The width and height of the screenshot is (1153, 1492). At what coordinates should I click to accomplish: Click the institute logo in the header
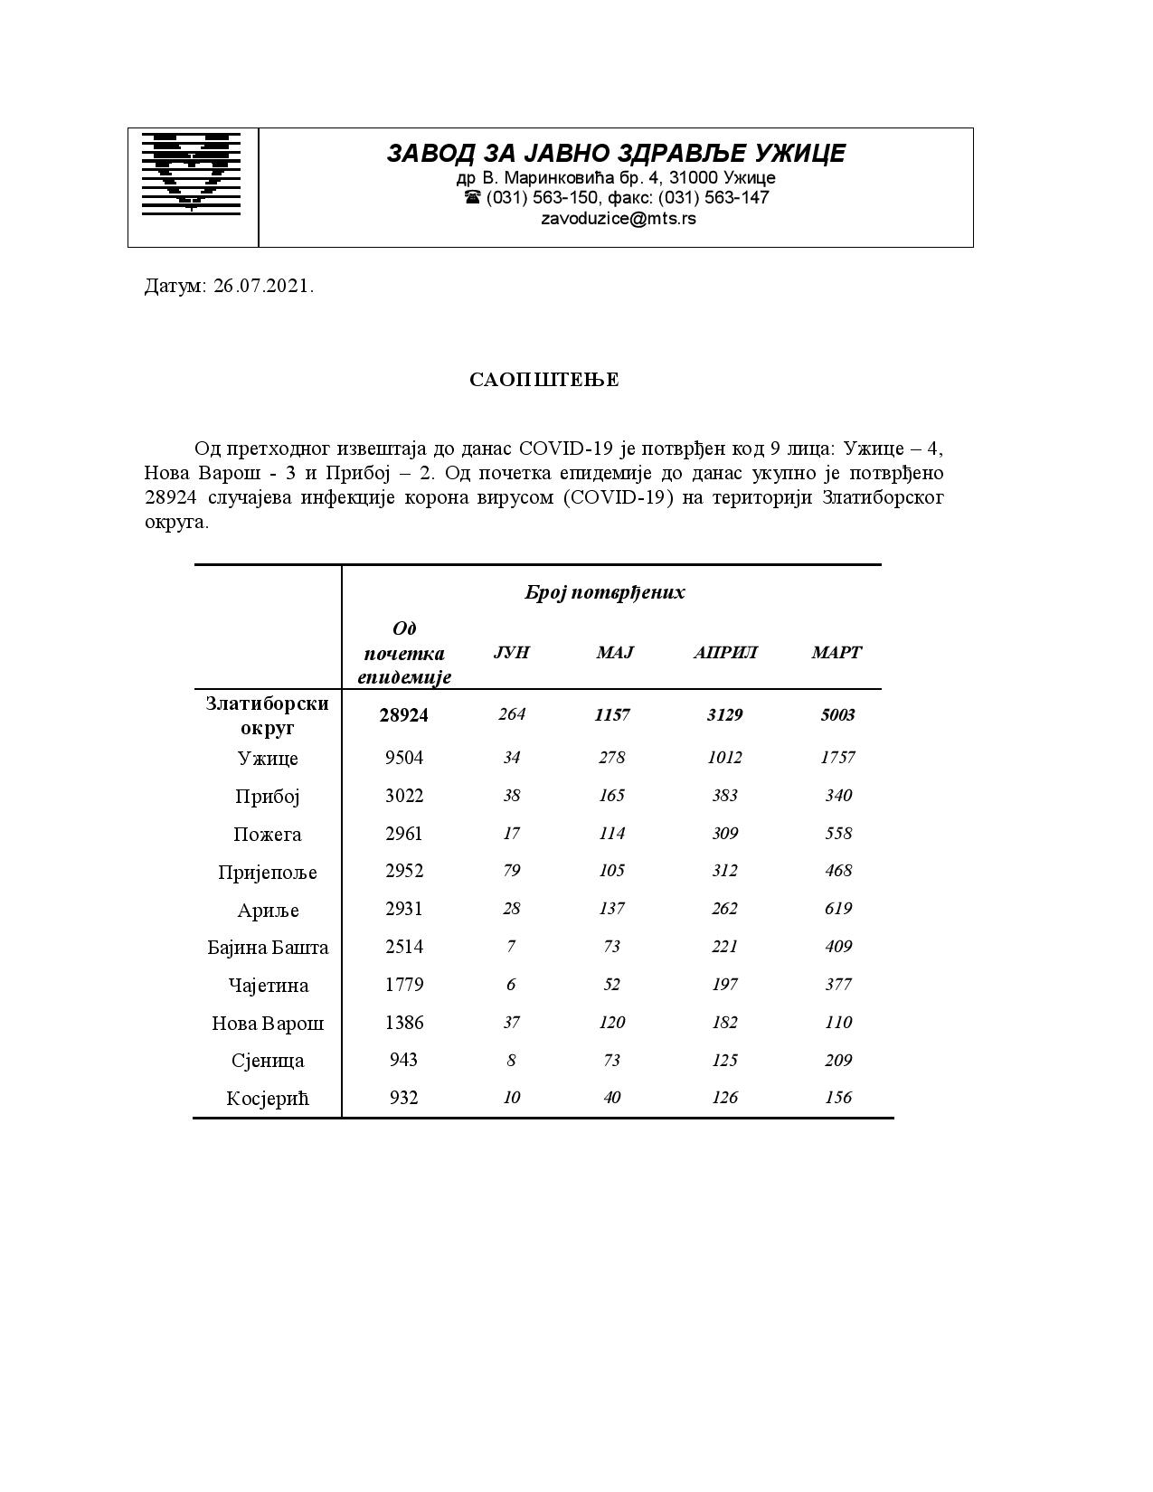(191, 173)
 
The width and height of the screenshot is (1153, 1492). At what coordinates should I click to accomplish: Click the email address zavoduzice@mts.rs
(619, 219)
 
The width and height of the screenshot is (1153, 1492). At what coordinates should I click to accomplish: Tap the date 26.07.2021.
(263, 287)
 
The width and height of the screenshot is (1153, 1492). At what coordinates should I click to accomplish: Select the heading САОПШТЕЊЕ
(544, 380)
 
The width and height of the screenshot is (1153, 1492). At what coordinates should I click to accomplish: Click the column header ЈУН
(511, 653)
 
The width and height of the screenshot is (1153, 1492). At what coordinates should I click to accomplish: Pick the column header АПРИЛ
(724, 653)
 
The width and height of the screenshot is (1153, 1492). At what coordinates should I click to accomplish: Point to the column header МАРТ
(836, 653)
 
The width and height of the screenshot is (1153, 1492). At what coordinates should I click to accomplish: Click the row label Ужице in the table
(268, 759)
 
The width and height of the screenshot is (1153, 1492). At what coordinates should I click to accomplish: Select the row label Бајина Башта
(268, 948)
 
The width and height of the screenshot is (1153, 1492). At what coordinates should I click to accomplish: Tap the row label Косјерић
(268, 1099)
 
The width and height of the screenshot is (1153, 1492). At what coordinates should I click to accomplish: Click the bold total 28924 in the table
(403, 715)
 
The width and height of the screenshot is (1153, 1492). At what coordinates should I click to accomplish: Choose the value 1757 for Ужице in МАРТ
(837, 758)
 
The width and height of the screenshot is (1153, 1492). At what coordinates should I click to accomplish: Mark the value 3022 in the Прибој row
(403, 796)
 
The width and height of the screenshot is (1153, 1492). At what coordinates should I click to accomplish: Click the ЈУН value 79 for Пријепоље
(511, 871)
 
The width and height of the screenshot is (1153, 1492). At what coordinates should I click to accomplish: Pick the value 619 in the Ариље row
(837, 909)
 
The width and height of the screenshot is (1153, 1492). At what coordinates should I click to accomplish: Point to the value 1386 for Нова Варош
(403, 1023)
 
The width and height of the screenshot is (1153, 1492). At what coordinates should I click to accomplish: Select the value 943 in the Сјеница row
(403, 1060)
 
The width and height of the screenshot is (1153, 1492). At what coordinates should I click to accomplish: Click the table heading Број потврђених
(605, 593)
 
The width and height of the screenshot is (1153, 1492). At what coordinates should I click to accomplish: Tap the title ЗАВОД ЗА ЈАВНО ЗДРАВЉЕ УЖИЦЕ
(616, 154)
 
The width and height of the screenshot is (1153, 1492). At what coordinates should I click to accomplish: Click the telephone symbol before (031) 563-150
(472, 197)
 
